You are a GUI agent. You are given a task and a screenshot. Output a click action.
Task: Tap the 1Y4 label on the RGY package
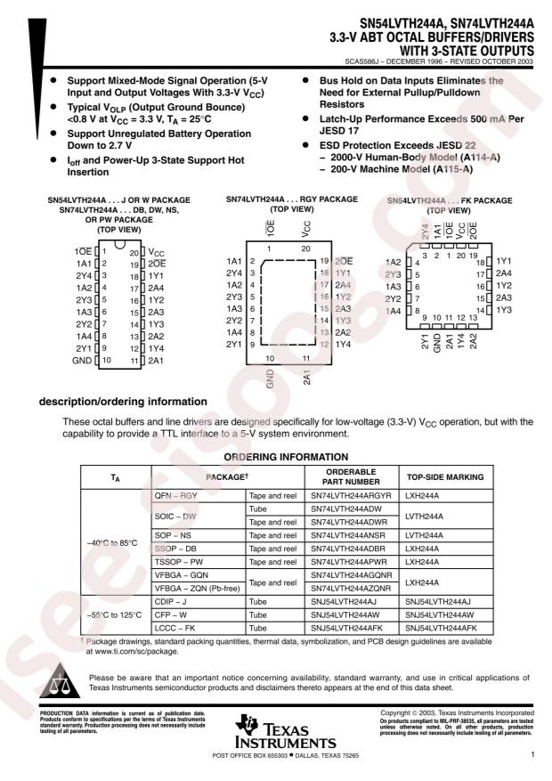(342, 344)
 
